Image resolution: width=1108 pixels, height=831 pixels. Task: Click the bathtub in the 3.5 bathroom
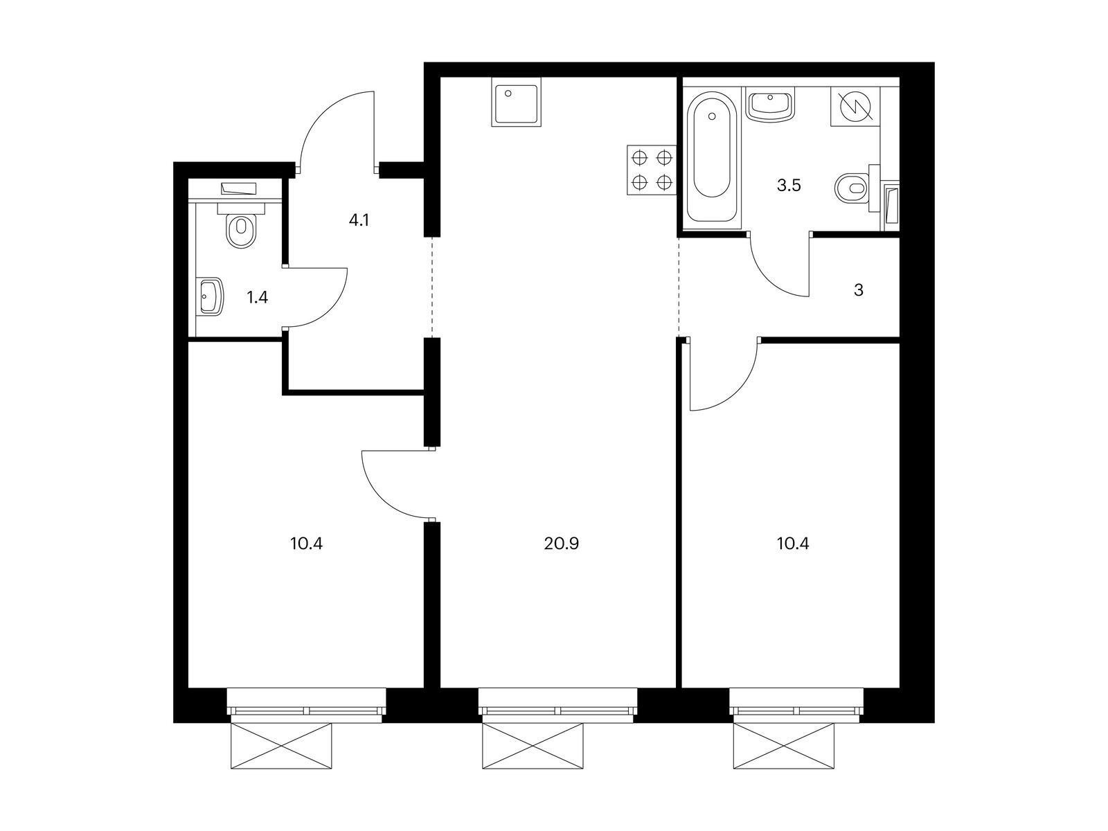(x=712, y=157)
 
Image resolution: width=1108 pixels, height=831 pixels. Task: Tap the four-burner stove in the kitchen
(x=651, y=170)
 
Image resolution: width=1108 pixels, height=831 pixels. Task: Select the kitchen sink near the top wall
(x=515, y=105)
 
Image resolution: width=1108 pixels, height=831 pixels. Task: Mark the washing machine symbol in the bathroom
(x=856, y=106)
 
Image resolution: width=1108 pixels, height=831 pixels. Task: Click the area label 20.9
(x=562, y=544)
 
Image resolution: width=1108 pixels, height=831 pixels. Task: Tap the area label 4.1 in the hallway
(x=359, y=220)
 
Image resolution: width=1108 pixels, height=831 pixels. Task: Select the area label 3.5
(x=789, y=186)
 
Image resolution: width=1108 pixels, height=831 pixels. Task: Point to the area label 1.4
(x=257, y=297)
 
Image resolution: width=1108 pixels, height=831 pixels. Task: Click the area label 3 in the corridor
(x=858, y=290)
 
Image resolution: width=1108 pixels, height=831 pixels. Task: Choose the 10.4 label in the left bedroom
(x=306, y=544)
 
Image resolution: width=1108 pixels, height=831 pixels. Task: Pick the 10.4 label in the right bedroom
(x=793, y=544)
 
